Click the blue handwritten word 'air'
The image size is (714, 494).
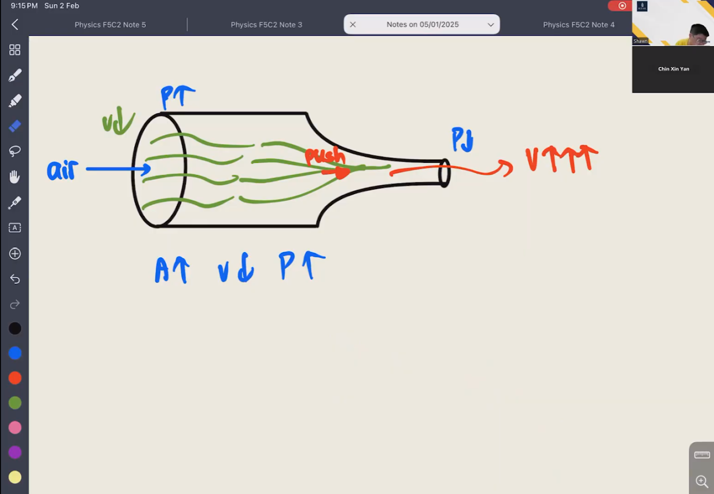point(62,170)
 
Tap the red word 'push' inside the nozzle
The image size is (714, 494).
point(325,156)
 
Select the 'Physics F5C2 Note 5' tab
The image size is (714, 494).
point(110,25)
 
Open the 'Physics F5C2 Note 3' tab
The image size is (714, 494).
point(267,25)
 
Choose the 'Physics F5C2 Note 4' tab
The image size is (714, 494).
point(579,25)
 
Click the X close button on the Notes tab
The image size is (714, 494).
point(353,25)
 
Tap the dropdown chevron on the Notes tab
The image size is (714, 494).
point(490,25)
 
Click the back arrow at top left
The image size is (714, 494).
point(15,25)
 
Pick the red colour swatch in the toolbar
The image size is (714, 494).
point(15,378)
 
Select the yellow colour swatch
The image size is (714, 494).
point(15,477)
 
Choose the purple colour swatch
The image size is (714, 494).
point(15,452)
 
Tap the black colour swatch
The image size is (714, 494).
point(15,328)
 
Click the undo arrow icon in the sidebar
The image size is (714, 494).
point(15,279)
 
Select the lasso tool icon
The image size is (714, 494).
point(15,151)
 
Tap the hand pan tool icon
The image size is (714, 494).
point(15,177)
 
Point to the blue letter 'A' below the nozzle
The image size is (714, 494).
point(162,270)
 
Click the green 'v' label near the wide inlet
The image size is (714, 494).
point(107,123)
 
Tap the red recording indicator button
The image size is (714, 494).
point(621,6)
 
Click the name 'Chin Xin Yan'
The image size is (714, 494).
point(673,69)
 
